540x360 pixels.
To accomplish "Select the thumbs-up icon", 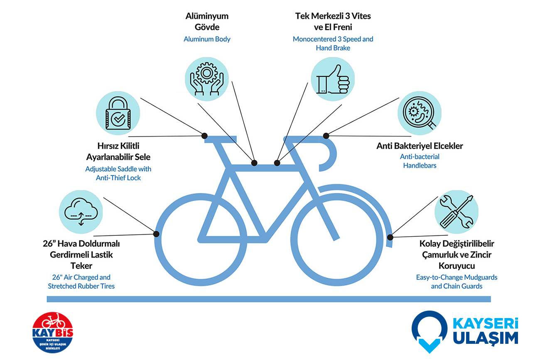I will click(333, 78).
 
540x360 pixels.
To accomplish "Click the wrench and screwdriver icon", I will click(456, 212).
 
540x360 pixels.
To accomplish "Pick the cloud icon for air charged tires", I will click(80, 212).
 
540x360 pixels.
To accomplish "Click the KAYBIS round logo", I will click(52, 333).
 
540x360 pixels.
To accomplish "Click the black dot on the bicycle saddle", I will click(204, 135).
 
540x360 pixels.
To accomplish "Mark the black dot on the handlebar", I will click(326, 135).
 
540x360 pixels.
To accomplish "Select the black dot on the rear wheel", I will click(156, 234).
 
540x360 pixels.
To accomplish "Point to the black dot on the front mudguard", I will click(390, 237).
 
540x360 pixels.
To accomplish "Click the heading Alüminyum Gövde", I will click(207, 22).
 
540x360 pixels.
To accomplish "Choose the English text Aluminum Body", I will click(207, 39).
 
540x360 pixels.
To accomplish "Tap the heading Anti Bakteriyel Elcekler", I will click(420, 146).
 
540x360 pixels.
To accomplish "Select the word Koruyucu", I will click(457, 265).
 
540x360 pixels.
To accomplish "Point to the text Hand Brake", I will click(333, 48).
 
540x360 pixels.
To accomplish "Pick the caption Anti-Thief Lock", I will click(118, 178).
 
